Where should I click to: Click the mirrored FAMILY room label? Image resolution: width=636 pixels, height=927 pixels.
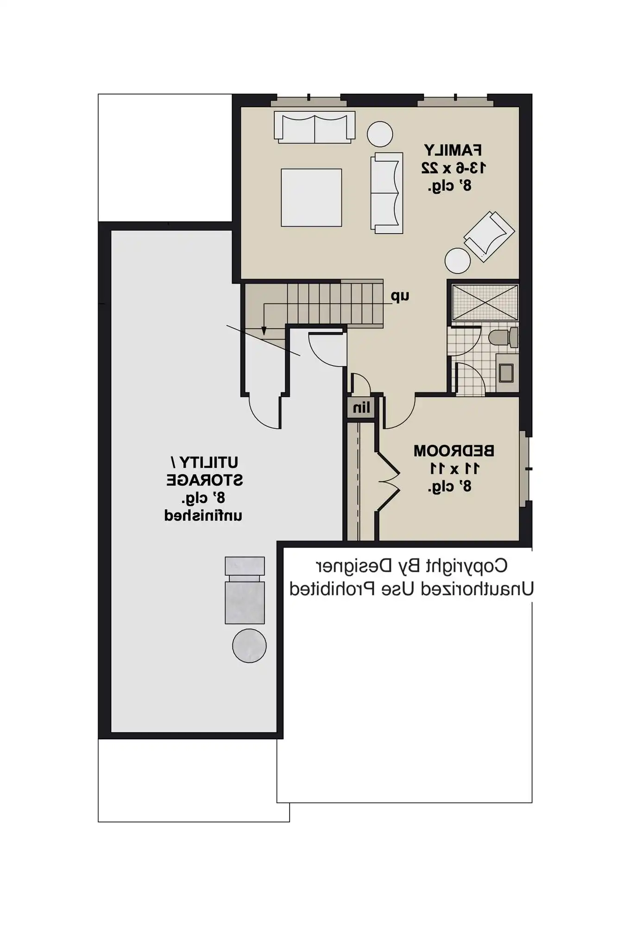[453, 151]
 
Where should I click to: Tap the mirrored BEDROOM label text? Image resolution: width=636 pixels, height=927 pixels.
[453, 451]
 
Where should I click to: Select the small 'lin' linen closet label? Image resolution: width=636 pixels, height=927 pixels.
[361, 408]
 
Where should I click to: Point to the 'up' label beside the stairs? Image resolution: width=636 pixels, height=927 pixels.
[400, 296]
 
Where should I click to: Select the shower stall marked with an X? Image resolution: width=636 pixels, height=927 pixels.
[485, 303]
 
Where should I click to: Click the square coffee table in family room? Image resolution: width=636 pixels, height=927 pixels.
[311, 198]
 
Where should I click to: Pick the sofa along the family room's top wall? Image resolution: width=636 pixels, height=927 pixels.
[315, 127]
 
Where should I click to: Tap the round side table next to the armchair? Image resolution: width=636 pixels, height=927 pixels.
[458, 260]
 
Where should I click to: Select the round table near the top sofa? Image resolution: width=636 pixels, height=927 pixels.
[380, 134]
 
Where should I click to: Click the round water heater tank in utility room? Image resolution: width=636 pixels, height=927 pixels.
[249, 646]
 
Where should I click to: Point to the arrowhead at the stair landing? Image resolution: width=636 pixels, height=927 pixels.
[264, 330]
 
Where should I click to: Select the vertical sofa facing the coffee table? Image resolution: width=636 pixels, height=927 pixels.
[386, 193]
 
